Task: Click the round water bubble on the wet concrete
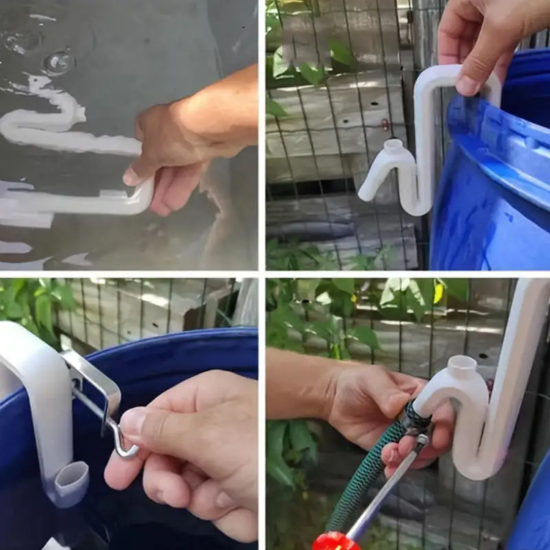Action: point(58,62)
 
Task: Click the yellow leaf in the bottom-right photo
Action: point(438,293)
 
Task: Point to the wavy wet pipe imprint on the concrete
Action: point(48,120)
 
